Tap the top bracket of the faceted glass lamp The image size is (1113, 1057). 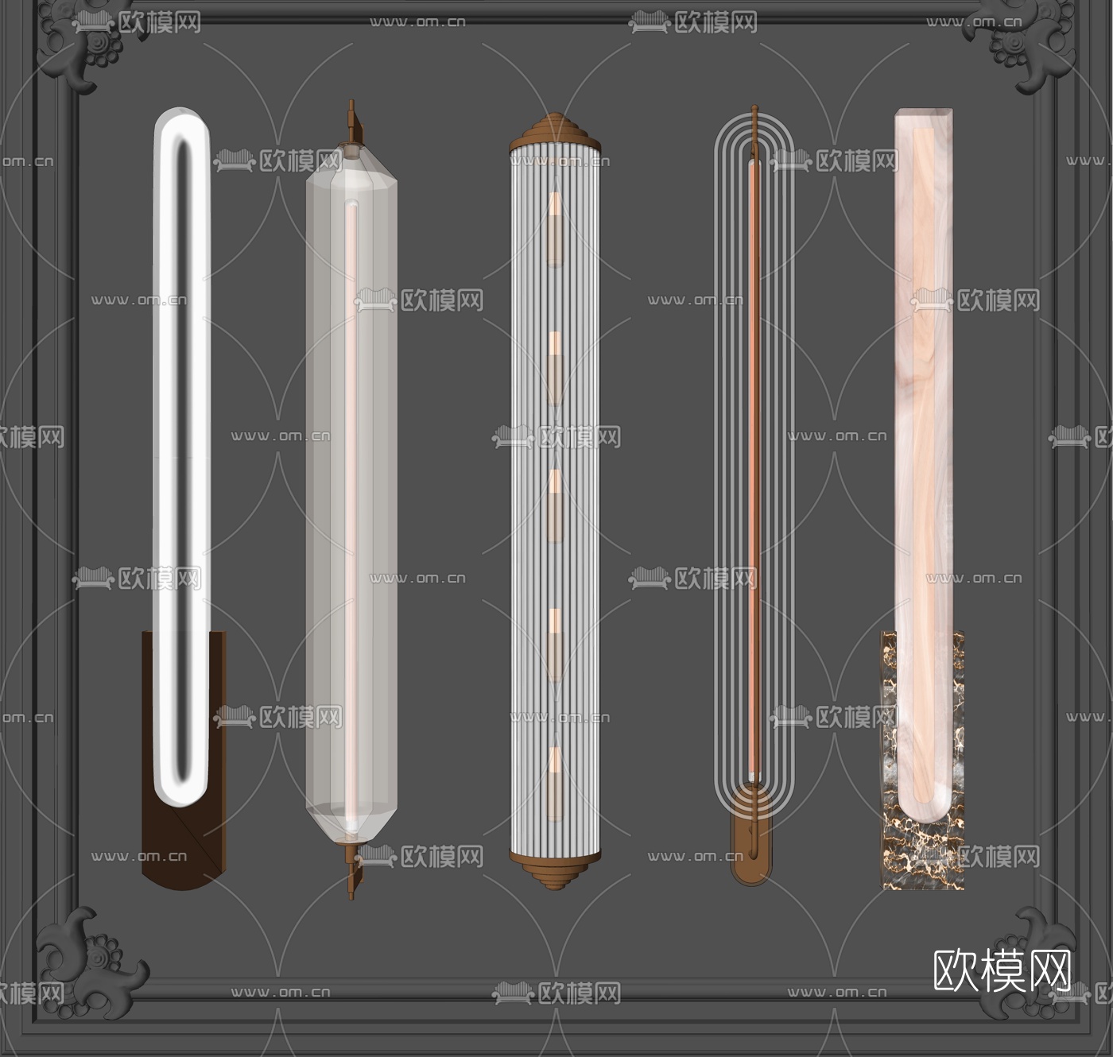(x=352, y=127)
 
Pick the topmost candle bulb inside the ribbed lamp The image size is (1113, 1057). (x=555, y=230)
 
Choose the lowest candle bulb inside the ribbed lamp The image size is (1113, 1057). (x=555, y=784)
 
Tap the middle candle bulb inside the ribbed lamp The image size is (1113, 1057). (x=555, y=505)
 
